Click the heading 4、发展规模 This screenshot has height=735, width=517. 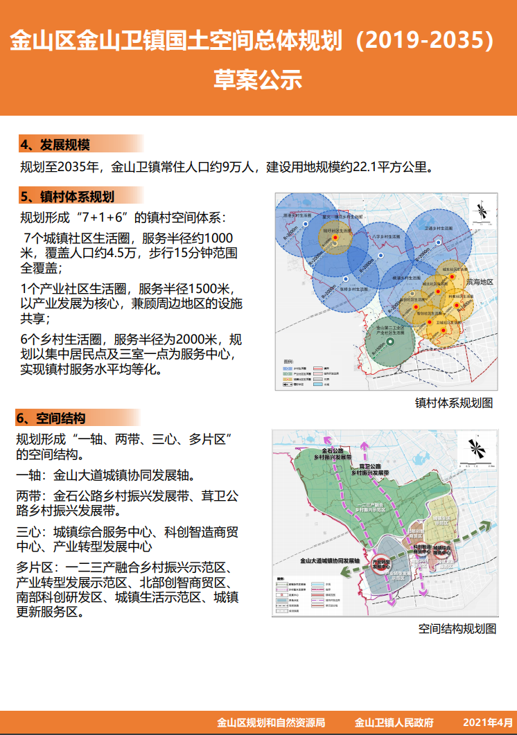[55, 145]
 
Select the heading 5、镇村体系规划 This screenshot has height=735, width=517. [67, 196]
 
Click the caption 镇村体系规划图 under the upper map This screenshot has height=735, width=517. [454, 402]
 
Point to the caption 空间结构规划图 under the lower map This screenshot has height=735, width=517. [457, 629]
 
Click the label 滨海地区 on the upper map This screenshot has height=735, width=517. [480, 283]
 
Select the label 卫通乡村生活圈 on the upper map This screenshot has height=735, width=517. [439, 227]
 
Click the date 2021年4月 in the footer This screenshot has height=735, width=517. [488, 723]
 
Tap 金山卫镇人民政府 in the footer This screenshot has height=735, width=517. [394, 723]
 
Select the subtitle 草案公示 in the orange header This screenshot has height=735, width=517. [258, 80]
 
